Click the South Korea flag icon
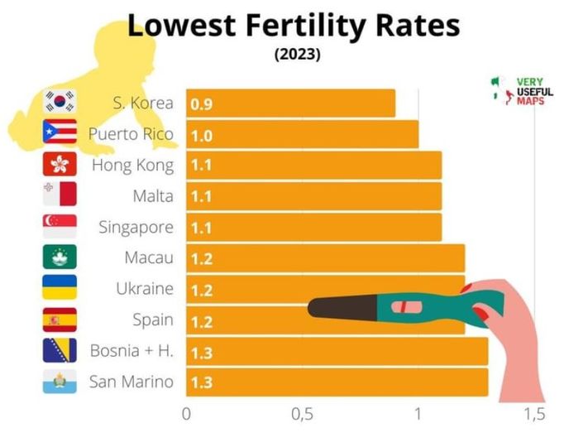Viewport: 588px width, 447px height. [59, 102]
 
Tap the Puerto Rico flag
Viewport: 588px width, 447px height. [59, 133]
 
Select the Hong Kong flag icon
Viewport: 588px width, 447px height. [59, 164]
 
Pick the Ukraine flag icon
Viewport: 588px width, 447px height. [59, 288]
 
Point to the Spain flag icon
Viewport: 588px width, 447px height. [59, 320]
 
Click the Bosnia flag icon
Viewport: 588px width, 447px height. [59, 350]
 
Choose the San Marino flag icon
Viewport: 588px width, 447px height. [59, 382]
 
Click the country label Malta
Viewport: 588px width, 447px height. [153, 196]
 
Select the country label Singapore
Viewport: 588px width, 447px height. [136, 227]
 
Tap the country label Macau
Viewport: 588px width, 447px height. [149, 257]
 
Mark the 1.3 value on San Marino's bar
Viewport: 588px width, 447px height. [201, 383]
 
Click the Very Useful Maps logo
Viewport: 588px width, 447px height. [523, 91]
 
